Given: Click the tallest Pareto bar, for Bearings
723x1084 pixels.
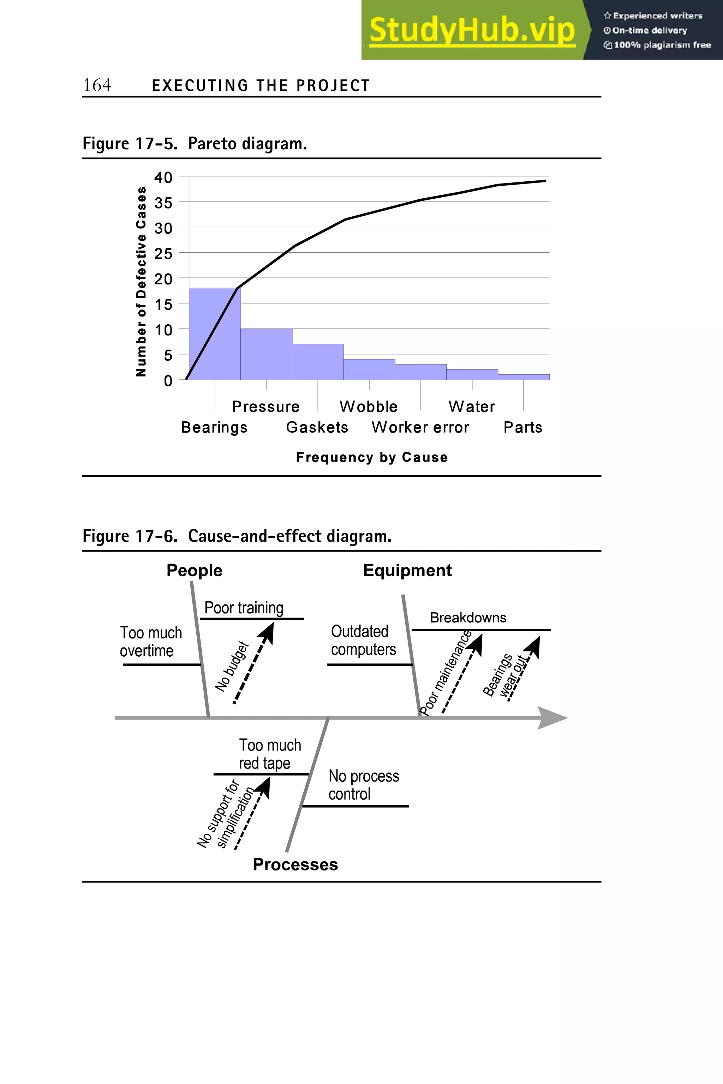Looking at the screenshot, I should (x=214, y=334).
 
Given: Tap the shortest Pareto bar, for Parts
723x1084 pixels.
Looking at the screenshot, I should (x=523, y=377).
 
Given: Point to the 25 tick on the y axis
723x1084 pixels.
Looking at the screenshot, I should (x=163, y=253).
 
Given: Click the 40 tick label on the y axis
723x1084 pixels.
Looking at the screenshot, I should (x=163, y=177).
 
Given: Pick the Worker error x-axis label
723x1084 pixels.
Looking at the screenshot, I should (x=420, y=427).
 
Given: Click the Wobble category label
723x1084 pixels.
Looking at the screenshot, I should (x=369, y=406).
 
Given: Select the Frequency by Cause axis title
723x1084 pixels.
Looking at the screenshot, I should (x=372, y=457).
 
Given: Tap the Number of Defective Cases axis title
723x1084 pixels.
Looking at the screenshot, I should (x=141, y=282).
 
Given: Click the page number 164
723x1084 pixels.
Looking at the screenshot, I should (x=97, y=85).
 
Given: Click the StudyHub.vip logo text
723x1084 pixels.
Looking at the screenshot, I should (x=472, y=30).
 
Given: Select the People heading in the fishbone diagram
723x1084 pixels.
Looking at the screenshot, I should (x=194, y=571).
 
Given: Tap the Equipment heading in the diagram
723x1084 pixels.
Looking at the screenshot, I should (x=407, y=571).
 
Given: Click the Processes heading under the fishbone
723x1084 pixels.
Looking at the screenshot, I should (x=295, y=864).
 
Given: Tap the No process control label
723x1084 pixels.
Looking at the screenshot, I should (x=363, y=785).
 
